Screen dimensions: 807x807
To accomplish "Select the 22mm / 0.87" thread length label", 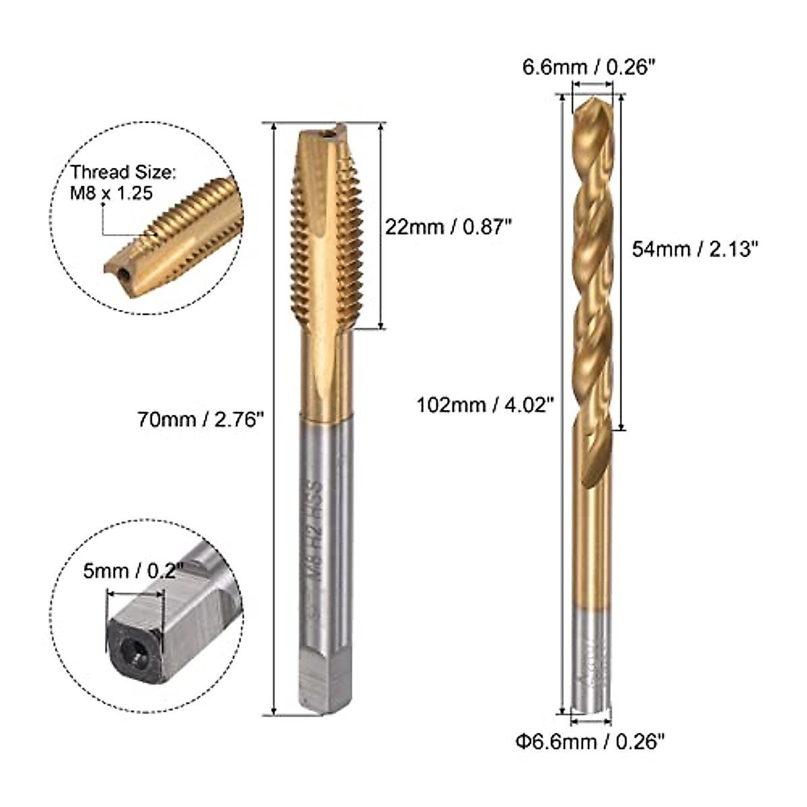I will point(445,227).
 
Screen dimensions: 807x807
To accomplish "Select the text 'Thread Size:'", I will point(124,173).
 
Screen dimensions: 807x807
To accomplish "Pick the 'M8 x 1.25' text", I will point(112,193).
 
